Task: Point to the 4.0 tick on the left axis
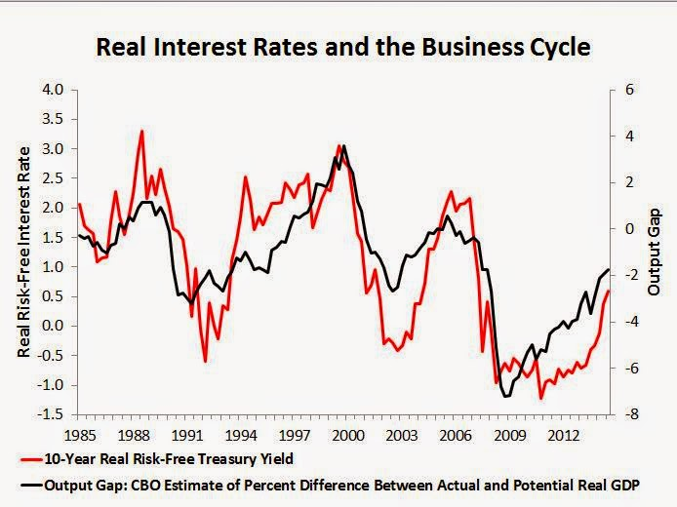coord(52,90)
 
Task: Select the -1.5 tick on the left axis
coord(50,413)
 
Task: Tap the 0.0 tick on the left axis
coord(52,326)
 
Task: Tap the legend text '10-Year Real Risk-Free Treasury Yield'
coord(155,458)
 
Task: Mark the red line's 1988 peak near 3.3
coord(142,131)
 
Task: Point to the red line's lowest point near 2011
coord(540,398)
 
